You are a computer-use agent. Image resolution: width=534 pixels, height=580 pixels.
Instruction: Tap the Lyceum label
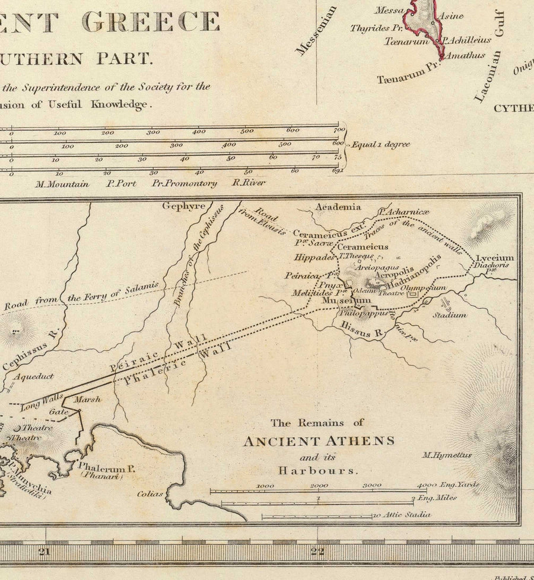pyautogui.click(x=494, y=258)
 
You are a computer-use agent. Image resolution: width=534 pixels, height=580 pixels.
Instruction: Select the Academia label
pyautogui.click(x=338, y=207)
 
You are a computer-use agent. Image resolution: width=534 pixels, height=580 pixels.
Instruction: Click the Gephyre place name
pyautogui.click(x=184, y=206)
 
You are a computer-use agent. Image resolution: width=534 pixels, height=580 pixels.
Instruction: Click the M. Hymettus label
pyautogui.click(x=447, y=455)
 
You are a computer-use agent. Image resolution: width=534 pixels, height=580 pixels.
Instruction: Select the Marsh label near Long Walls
pyautogui.click(x=87, y=399)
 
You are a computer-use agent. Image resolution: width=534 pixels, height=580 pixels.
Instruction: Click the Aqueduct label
pyautogui.click(x=34, y=376)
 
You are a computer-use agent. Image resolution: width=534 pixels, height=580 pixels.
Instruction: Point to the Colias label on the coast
pyautogui.click(x=150, y=493)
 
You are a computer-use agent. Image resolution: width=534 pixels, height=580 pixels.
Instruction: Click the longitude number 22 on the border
pyautogui.click(x=318, y=552)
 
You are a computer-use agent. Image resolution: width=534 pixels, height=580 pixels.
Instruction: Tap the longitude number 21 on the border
pyautogui.click(x=44, y=552)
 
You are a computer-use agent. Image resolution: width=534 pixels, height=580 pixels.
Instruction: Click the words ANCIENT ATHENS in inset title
pyautogui.click(x=319, y=441)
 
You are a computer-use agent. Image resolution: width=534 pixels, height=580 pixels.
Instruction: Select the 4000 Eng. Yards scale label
pyautogui.click(x=448, y=485)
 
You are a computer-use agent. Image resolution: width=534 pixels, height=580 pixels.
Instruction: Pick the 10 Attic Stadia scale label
pyautogui.click(x=402, y=514)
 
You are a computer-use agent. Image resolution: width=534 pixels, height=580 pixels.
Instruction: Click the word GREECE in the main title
pyautogui.click(x=151, y=21)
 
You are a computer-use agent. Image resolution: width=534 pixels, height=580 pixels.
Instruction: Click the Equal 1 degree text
pyautogui.click(x=380, y=144)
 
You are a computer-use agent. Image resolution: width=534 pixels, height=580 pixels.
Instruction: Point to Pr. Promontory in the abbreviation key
pyautogui.click(x=184, y=183)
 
